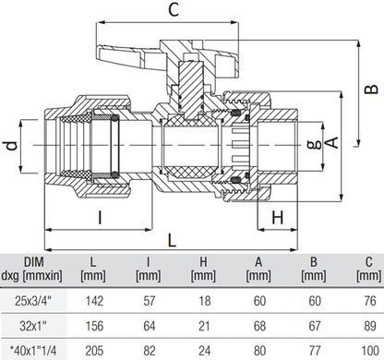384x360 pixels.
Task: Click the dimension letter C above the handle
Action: [174, 10]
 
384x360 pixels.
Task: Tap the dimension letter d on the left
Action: [12, 145]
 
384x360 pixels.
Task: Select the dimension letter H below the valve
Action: [278, 218]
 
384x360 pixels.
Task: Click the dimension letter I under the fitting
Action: [100, 218]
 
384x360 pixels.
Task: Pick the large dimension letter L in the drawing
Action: [172, 240]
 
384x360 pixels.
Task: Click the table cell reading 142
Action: [94, 301]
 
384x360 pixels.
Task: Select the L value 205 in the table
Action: [94, 351]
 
